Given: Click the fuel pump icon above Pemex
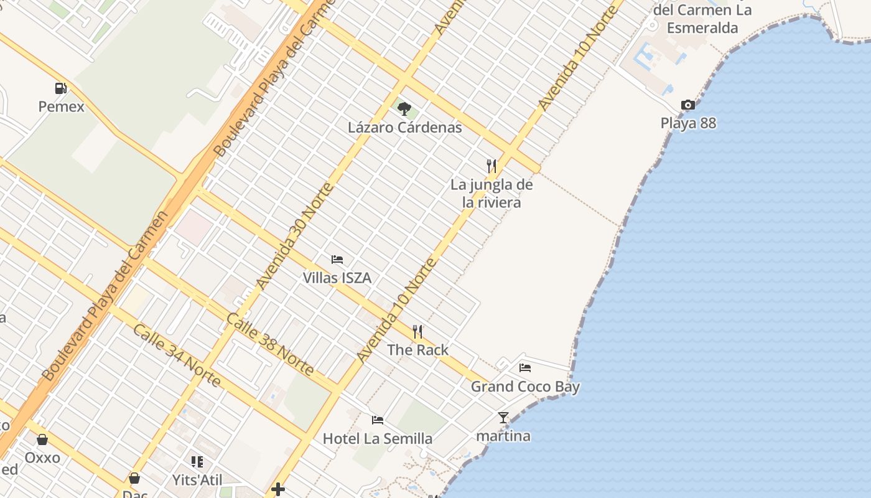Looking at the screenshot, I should coord(60,88).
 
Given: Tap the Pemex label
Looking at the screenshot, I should coord(61,106).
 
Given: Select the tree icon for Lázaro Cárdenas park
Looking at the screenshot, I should coord(404,109).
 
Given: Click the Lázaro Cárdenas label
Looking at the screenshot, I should coord(404,128).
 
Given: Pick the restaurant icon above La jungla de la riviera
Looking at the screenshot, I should coord(491,166).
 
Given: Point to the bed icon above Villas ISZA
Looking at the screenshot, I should coord(337,259).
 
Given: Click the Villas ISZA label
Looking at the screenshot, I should coord(337,278).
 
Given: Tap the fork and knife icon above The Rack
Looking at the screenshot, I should coord(417,331).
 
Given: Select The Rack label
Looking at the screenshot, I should coord(417,350).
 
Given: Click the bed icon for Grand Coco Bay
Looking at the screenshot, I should coord(525,367).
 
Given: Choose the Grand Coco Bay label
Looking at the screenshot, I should coord(525,387).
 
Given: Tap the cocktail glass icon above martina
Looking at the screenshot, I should coord(503,418).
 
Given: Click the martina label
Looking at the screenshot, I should coord(503,436).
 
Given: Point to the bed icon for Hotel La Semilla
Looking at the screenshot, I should coord(378,420).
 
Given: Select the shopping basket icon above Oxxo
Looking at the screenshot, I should coord(42,439).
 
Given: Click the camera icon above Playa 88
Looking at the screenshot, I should coord(687,105).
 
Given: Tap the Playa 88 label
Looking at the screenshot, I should coord(688,123).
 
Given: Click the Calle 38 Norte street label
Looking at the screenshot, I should coord(269,344).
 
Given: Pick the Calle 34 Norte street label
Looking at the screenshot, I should coord(177,355).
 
